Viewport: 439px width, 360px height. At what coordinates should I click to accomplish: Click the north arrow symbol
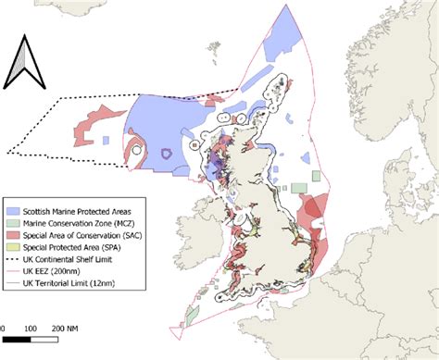pyautogui.click(x=26, y=61)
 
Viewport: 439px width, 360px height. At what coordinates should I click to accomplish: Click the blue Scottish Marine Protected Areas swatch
pyautogui.click(x=17, y=211)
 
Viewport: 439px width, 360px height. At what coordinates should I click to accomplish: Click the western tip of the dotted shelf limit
pyautogui.click(x=6, y=152)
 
